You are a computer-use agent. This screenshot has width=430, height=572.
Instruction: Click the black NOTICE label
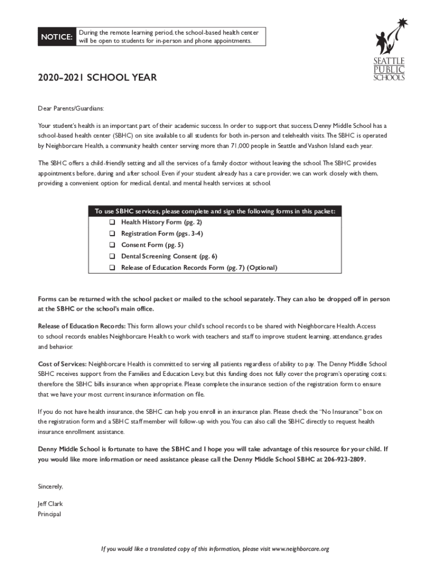pyautogui.click(x=56, y=37)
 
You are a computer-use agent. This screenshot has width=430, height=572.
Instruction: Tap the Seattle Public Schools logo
pyautogui.click(x=389, y=50)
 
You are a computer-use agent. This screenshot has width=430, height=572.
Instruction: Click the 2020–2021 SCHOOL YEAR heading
pyautogui.click(x=97, y=78)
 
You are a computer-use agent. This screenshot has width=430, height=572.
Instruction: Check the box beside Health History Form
pyautogui.click(x=112, y=222)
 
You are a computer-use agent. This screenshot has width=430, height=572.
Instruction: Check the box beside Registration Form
pyautogui.click(x=112, y=233)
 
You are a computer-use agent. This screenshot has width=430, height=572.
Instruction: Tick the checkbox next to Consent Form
pyautogui.click(x=112, y=245)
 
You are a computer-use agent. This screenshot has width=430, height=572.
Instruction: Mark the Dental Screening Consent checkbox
pyautogui.click(x=112, y=256)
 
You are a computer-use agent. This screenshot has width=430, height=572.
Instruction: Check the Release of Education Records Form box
pyautogui.click(x=112, y=268)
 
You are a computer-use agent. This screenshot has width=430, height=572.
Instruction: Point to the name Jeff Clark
pyautogui.click(x=50, y=503)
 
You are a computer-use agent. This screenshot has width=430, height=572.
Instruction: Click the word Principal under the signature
pyautogui.click(x=49, y=514)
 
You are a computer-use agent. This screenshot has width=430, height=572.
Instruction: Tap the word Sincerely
pyautogui.click(x=50, y=486)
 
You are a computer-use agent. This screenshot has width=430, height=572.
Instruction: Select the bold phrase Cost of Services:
pyautogui.click(x=62, y=364)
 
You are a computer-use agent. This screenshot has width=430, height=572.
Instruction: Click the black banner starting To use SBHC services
pyautogui.click(x=215, y=211)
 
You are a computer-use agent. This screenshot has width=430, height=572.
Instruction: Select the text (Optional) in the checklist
pyautogui.click(x=262, y=268)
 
